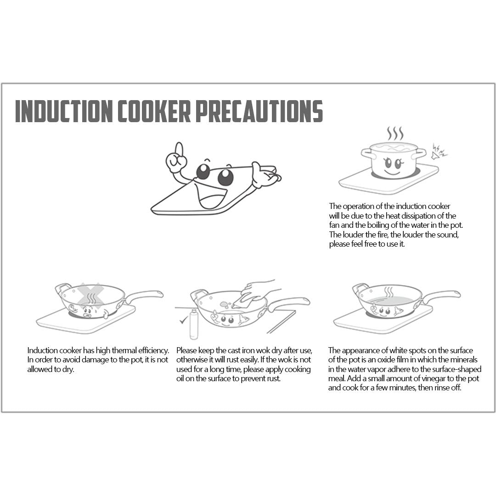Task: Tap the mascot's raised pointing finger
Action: click(x=179, y=150)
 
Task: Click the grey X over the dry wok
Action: click(x=90, y=295)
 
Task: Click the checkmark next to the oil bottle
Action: click(x=183, y=320)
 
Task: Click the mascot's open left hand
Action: click(x=265, y=175)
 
